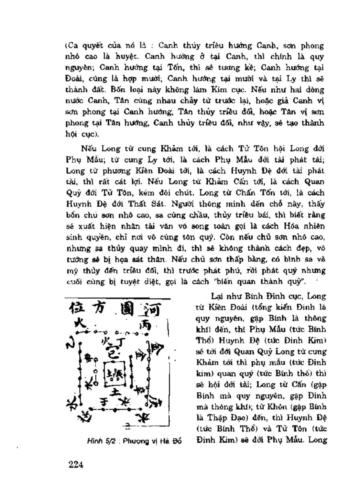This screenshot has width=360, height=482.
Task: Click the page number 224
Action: (76, 465)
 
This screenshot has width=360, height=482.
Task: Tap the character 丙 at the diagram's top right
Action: (145, 326)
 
